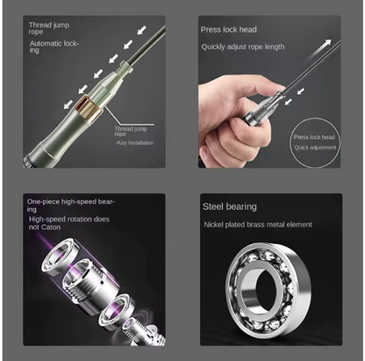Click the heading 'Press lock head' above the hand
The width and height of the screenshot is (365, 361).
[x=229, y=30]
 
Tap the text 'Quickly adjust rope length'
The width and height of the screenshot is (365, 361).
[x=243, y=47]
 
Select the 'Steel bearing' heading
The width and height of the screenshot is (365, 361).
[x=230, y=206]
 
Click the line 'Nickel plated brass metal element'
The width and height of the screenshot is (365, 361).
[x=258, y=225]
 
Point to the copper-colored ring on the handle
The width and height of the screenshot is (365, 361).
[x=89, y=109]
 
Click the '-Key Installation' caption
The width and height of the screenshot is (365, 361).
[x=134, y=143]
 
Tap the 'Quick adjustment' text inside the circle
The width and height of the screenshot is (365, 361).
[x=315, y=148]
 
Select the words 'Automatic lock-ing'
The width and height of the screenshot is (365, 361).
[x=54, y=47]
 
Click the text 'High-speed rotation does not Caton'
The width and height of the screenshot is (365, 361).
[x=69, y=223]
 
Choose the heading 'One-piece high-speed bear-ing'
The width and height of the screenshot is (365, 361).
[x=70, y=206]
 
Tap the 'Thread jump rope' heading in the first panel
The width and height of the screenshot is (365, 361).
[x=48, y=28]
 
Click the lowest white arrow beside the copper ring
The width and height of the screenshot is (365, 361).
[x=68, y=104]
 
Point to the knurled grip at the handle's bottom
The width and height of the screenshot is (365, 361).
[x=36, y=155]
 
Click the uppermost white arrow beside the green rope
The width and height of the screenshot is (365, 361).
[x=142, y=30]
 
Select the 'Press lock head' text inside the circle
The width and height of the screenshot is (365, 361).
[x=314, y=137]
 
